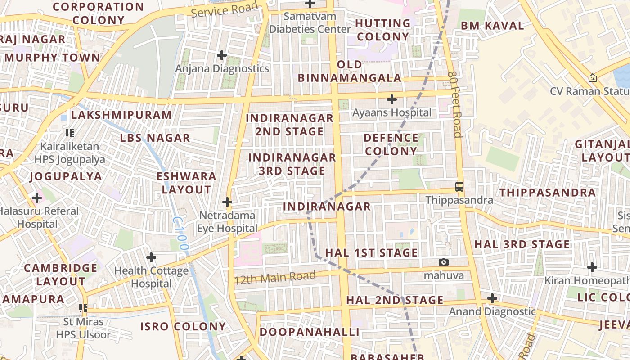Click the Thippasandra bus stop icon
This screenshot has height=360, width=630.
point(459,186)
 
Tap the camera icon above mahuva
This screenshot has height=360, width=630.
point(444,262)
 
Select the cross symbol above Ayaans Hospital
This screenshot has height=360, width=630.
point(392,99)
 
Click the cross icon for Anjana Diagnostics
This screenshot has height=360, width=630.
point(221,55)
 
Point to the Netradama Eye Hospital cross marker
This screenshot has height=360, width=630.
point(227,202)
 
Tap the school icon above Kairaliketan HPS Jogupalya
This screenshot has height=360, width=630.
point(70,133)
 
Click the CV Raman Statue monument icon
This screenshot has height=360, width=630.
point(593,78)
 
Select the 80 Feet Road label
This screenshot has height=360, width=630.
point(455,104)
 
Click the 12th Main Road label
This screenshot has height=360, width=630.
point(275,278)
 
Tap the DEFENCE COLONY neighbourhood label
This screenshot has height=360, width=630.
point(391,144)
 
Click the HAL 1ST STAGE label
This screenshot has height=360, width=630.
point(371,252)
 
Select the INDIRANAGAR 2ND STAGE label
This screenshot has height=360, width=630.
point(290,125)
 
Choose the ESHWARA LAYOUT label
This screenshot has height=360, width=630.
point(186,183)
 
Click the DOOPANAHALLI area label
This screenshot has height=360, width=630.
point(310,332)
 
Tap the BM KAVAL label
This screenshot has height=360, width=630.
point(492,26)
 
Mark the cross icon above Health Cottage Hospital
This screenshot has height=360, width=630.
point(151,257)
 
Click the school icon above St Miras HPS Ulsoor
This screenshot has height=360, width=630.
point(83,308)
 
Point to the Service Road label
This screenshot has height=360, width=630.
point(225,9)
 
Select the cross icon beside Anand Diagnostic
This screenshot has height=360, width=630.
point(492,298)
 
